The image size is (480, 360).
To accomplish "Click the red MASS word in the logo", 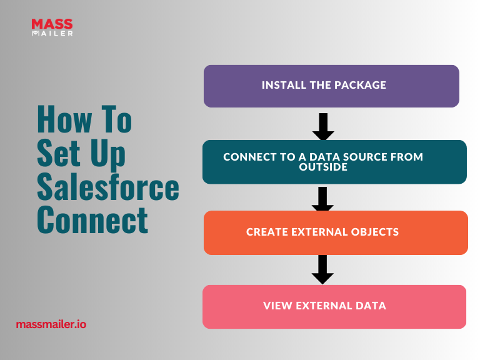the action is pyautogui.click(x=52, y=24).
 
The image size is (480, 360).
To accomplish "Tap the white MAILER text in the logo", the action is pyautogui.click(x=52, y=33).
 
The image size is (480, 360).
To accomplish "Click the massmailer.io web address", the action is pyautogui.click(x=51, y=324).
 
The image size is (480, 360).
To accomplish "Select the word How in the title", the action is pyautogui.click(x=64, y=119).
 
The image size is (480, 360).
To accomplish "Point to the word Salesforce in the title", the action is pyautogui.click(x=108, y=186).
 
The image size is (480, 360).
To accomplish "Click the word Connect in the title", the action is pyautogui.click(x=92, y=219).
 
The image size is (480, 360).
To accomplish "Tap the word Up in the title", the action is pyautogui.click(x=107, y=154).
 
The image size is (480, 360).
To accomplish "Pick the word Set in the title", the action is pyautogui.click(x=59, y=152).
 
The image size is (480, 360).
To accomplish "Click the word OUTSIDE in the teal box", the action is pyautogui.click(x=323, y=167).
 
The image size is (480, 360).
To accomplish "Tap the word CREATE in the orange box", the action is pyautogui.click(x=267, y=232).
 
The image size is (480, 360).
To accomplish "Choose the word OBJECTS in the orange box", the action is pyautogui.click(x=375, y=232).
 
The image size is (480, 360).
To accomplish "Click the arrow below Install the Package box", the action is pyautogui.click(x=323, y=127).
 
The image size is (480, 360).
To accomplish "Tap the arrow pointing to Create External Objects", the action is pyautogui.click(x=322, y=199).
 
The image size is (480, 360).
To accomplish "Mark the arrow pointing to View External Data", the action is pyautogui.click(x=322, y=269).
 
